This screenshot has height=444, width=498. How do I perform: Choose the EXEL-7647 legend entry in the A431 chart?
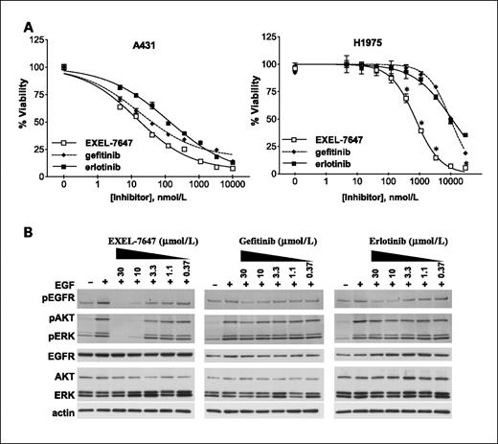pyautogui.click(x=102, y=139)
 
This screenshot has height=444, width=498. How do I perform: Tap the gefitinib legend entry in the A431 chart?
pyautogui.click(x=96, y=151)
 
